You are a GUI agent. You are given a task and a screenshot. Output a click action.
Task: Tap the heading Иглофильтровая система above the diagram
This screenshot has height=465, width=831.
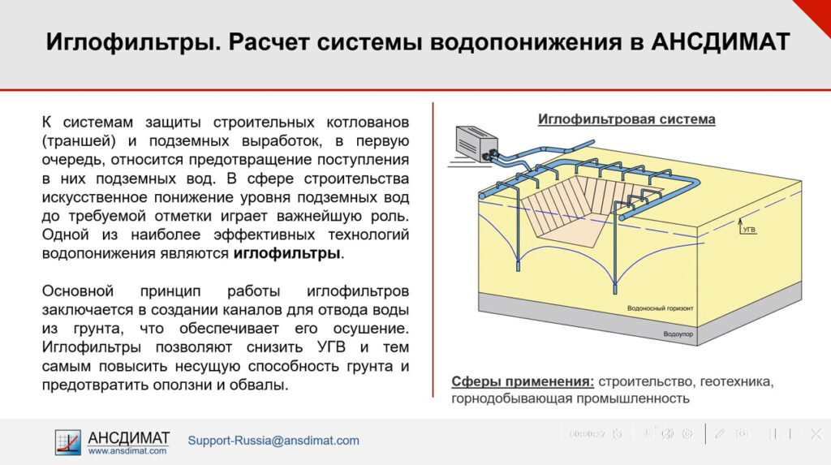(626, 119)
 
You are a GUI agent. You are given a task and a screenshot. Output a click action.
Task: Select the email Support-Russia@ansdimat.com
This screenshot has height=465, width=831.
(273, 441)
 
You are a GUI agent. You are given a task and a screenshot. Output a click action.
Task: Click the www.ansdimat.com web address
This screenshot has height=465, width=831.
(127, 450)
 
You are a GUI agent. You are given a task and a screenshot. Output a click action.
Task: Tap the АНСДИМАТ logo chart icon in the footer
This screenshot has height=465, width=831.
(68, 441)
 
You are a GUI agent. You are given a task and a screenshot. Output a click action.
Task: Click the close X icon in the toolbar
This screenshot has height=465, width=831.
(816, 434)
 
